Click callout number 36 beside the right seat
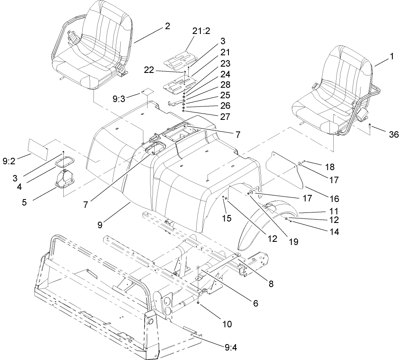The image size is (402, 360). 393,134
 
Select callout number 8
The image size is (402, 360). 271,284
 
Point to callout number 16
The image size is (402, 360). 334,199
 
